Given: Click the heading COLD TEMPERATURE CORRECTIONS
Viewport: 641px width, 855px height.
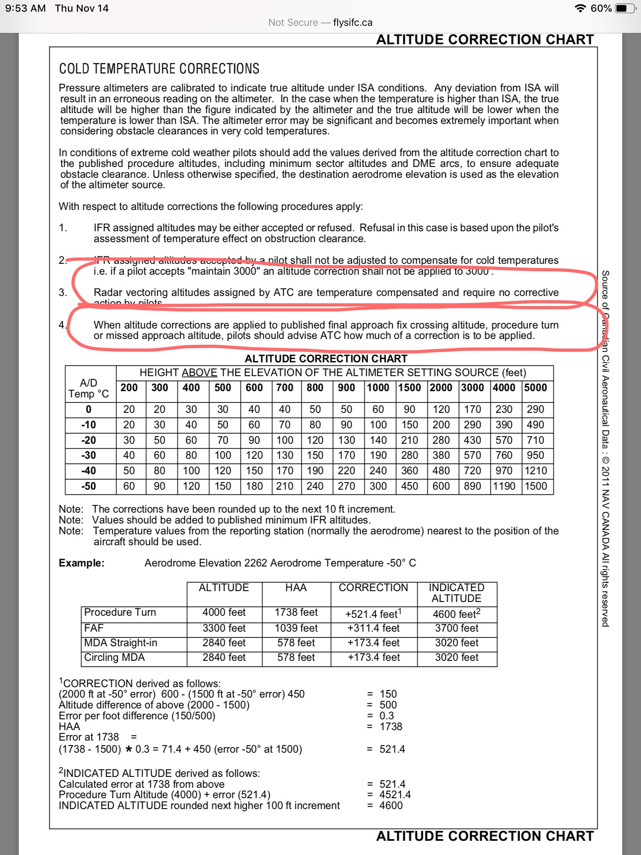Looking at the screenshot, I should coord(159,69).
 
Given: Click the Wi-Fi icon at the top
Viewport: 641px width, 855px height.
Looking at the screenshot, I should coord(580,8).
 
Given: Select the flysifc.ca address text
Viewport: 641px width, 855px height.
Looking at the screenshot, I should coord(353,23).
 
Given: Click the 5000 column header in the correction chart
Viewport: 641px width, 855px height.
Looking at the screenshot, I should coord(535,388).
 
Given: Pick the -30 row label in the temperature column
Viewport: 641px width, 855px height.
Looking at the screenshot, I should coord(88,455).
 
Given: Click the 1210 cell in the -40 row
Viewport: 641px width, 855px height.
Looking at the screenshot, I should coord(535,471).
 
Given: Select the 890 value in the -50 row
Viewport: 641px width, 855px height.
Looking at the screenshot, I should coord(472,486).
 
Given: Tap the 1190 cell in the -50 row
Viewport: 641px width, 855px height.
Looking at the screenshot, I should coord(504,486).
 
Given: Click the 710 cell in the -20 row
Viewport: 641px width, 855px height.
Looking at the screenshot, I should coord(535,440).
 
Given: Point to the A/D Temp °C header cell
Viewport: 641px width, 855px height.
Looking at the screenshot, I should coord(88,388).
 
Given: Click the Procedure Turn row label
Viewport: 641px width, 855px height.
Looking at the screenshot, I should coord(120,612).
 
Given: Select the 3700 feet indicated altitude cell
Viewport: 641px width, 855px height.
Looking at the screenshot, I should coord(457,628).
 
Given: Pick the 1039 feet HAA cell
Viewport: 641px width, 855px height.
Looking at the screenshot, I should coord(296,628).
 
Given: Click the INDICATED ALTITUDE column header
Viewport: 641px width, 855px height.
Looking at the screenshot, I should coord(457,593).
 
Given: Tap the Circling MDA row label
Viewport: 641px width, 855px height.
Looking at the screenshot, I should coord(114,658).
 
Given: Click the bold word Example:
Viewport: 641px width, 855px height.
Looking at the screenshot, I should coord(81,563).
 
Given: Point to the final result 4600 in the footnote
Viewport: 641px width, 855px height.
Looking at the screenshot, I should coord(391,806).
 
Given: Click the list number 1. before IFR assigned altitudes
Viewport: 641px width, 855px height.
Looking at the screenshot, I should coord(63,228).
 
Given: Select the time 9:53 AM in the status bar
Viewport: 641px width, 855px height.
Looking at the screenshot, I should coord(25,8).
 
